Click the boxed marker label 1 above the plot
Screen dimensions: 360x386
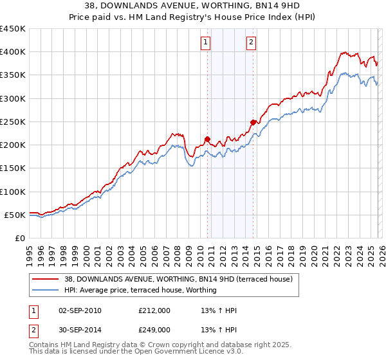205,43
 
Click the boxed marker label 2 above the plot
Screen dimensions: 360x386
250,43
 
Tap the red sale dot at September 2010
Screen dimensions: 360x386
207,139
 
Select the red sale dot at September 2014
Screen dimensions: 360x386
253,122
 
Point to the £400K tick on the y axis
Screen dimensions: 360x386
13,52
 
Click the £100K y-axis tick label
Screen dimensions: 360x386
13,192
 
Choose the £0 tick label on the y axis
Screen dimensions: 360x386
19,238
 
